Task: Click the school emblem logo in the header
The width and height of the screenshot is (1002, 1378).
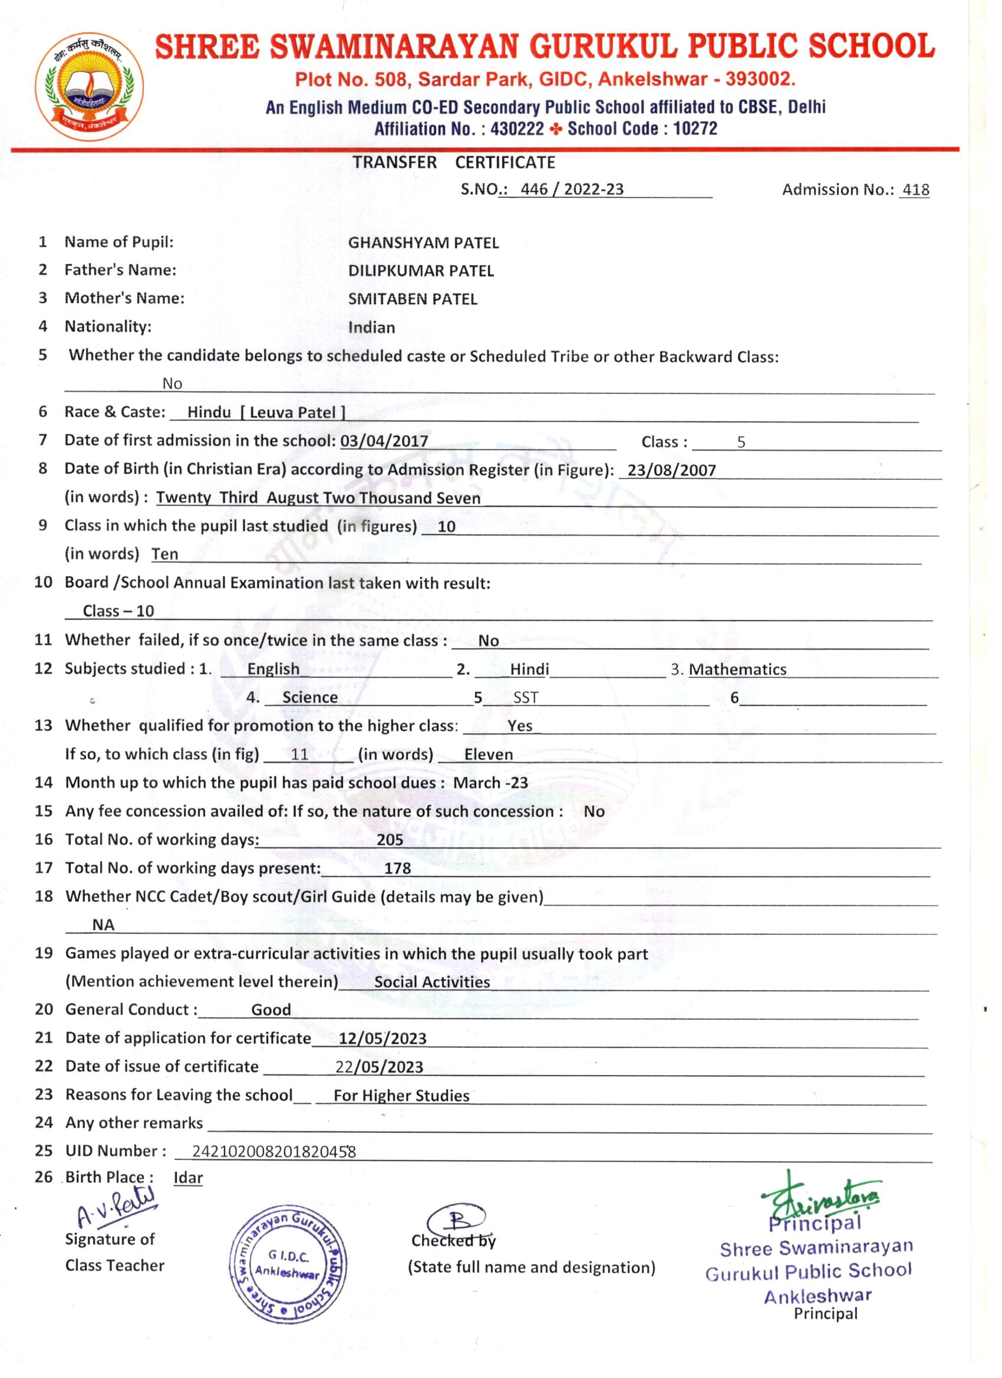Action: (90, 87)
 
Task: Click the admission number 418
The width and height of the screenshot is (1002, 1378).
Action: (915, 190)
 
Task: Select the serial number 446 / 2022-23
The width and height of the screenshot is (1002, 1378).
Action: (571, 190)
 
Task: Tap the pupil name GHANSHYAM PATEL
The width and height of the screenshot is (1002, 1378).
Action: (423, 243)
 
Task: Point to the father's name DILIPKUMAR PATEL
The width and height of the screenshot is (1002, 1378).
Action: (420, 271)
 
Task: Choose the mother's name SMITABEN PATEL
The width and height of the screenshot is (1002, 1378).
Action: (412, 299)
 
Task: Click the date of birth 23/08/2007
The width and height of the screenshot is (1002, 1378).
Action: (671, 470)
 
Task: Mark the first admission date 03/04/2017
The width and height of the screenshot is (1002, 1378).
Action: (384, 441)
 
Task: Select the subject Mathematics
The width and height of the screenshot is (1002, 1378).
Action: (737, 670)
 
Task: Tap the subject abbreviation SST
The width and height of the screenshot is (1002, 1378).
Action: (526, 697)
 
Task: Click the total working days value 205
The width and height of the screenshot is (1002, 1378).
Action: (390, 840)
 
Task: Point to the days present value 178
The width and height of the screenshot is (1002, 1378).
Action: (397, 868)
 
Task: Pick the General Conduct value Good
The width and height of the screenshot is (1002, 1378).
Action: (271, 1010)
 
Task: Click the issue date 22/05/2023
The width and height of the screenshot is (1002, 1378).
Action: (379, 1067)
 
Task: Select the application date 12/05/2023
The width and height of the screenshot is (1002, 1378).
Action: (382, 1039)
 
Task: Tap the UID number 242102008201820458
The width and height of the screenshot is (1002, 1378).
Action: (273, 1151)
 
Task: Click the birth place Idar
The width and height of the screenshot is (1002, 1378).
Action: (188, 1178)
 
